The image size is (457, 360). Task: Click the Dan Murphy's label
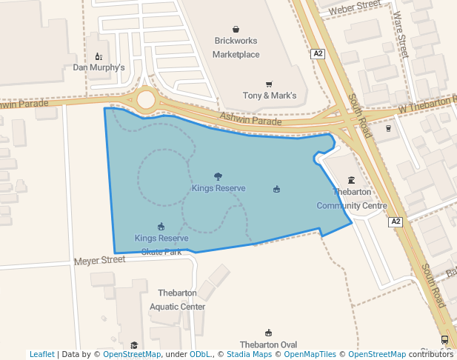pyautogui.click(x=99, y=67)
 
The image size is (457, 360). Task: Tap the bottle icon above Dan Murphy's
pyautogui.click(x=99, y=56)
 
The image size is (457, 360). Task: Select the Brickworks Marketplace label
pyautogui.click(x=236, y=47)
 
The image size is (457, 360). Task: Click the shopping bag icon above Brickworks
pyautogui.click(x=236, y=30)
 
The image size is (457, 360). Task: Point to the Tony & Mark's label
pyautogui.click(x=270, y=96)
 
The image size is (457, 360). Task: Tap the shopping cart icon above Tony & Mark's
pyautogui.click(x=269, y=84)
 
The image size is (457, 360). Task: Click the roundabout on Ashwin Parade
pyautogui.click(x=146, y=99)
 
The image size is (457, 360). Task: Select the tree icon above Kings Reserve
pyautogui.click(x=218, y=176)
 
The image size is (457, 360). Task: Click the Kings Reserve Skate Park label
pyautogui.click(x=161, y=244)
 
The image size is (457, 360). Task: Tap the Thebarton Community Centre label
pyautogui.click(x=352, y=199)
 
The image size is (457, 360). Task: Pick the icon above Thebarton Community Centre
pyautogui.click(x=351, y=180)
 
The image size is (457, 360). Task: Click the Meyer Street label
pyautogui.click(x=100, y=260)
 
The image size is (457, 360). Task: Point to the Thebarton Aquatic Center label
pyautogui.click(x=177, y=300)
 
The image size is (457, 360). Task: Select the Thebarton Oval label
pyautogui.click(x=268, y=344)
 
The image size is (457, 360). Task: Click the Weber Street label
pyautogui.click(x=354, y=8)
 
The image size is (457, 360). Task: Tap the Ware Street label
pyautogui.click(x=401, y=33)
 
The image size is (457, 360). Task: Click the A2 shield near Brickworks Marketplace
pyautogui.click(x=318, y=54)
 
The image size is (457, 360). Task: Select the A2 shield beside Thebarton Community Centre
pyautogui.click(x=396, y=221)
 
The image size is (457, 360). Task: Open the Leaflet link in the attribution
pyautogui.click(x=41, y=354)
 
